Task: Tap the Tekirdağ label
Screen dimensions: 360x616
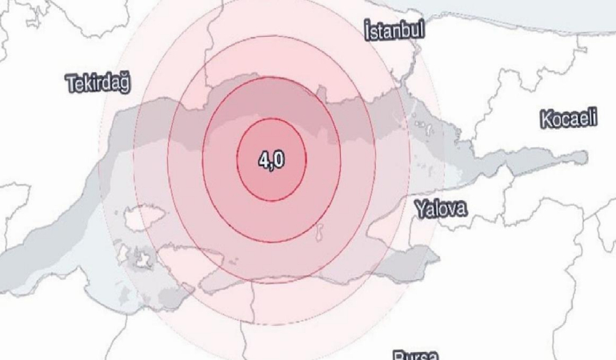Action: (99, 82)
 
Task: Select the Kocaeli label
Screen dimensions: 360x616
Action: (569, 120)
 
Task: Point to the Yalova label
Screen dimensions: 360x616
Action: (441, 210)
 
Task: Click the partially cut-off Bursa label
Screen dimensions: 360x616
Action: (415, 354)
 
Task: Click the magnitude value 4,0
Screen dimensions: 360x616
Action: (271, 160)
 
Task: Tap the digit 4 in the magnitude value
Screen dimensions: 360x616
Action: (263, 160)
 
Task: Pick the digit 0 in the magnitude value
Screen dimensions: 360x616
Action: (278, 160)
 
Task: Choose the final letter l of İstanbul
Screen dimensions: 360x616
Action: (422, 31)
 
